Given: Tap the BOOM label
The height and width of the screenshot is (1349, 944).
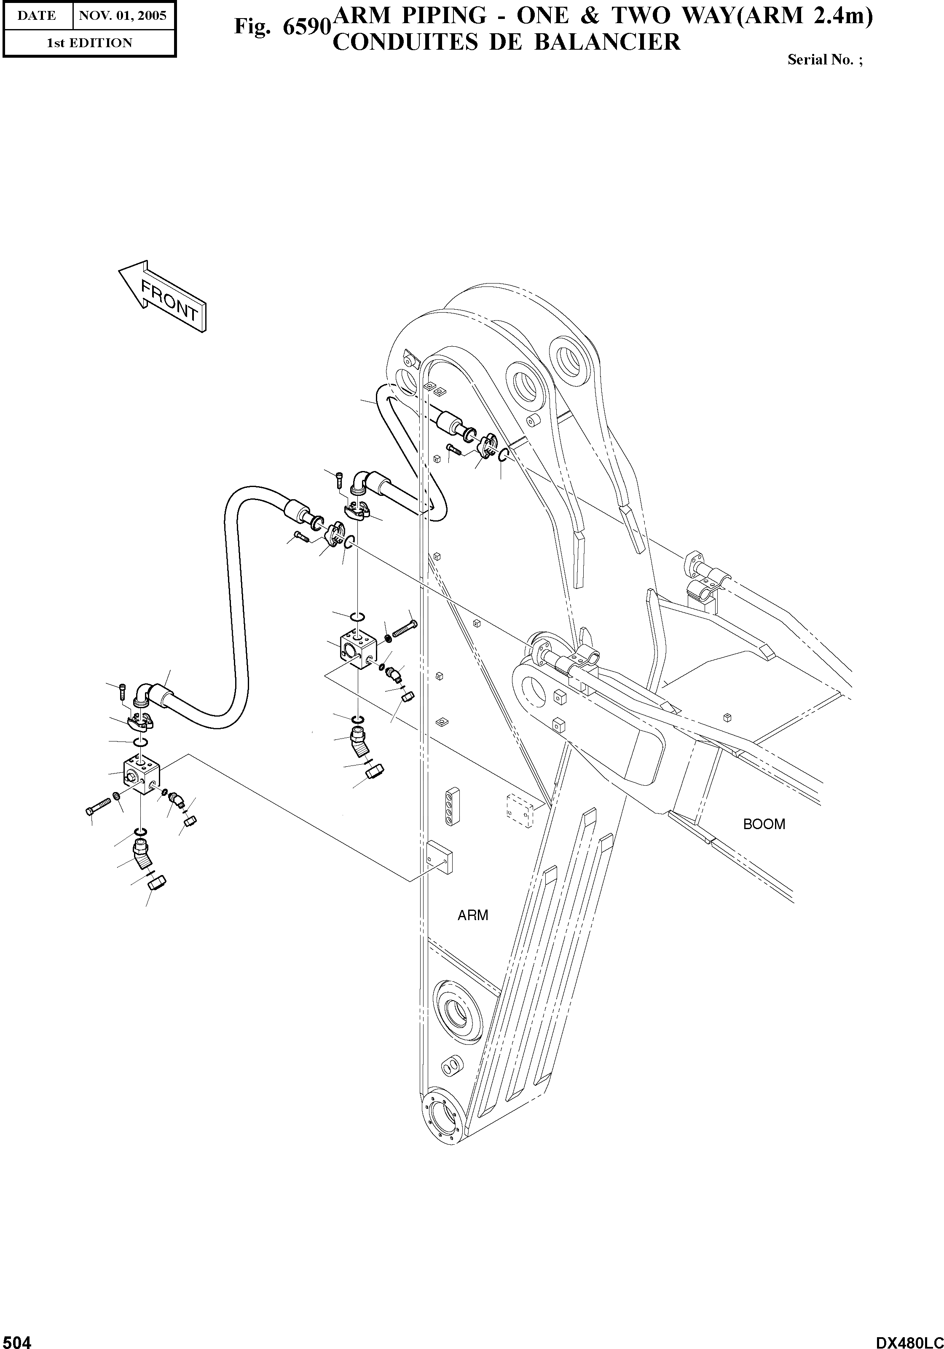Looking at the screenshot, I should (x=764, y=824).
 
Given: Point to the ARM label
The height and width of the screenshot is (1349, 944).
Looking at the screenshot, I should (x=472, y=915).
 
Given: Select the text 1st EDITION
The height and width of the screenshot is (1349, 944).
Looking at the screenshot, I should (x=89, y=43).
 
